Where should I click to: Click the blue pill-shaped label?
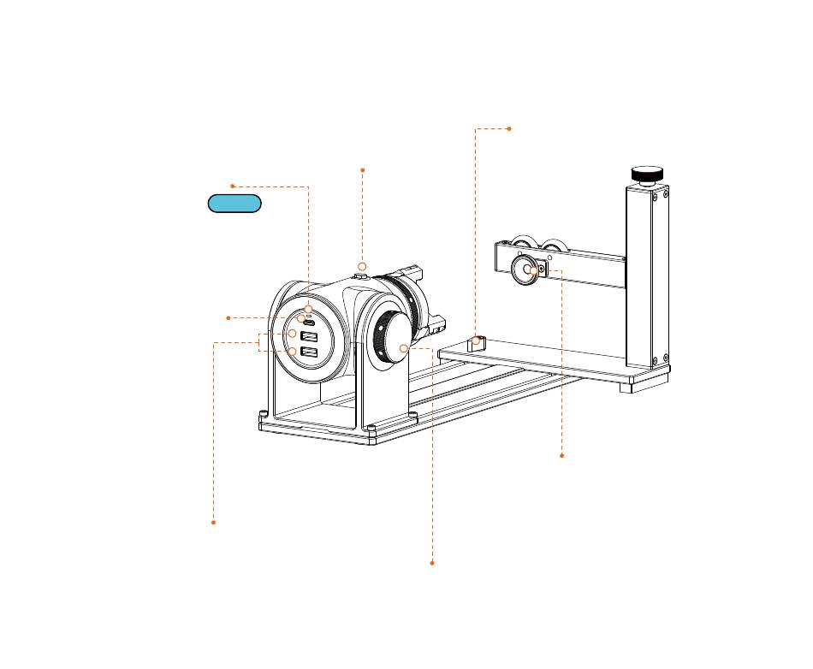coord(234,204)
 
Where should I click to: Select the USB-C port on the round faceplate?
coord(308,322)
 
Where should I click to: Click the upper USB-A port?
coord(310,335)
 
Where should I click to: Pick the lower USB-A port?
coord(310,352)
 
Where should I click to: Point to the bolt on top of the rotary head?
coord(361,275)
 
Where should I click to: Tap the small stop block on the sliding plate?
coord(477,343)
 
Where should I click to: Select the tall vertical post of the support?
coord(646,274)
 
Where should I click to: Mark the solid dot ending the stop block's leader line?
coord(509,128)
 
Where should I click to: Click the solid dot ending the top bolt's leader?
coord(363,170)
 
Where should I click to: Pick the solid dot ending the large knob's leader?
coord(432,563)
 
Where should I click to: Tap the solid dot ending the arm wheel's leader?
coord(561,456)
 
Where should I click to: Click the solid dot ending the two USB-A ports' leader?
coord(213,522)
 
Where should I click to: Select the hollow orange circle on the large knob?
coord(404,348)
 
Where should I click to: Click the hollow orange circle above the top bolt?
coord(362,267)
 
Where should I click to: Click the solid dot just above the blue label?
coord(232,186)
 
